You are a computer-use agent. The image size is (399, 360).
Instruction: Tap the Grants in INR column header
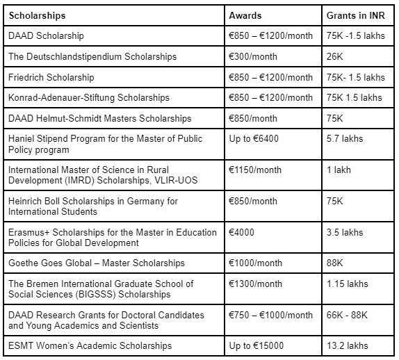355,14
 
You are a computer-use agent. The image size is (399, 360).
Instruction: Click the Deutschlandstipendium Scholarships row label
92,56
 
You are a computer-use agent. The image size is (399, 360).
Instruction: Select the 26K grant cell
336,56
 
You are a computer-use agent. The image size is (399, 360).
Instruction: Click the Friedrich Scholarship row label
50,76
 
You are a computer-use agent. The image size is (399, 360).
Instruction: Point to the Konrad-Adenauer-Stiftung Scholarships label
88,97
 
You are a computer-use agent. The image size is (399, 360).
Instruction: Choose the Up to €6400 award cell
254,139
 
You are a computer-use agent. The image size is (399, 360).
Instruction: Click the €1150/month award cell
257,170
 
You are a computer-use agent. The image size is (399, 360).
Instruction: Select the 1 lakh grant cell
340,170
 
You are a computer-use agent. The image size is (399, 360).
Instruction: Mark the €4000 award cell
243,232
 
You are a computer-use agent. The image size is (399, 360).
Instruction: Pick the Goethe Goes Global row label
96,263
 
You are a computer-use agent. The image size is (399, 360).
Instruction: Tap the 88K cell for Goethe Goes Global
336,263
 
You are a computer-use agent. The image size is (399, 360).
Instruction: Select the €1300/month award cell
257,284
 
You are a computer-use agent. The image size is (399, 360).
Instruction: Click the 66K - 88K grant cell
350,315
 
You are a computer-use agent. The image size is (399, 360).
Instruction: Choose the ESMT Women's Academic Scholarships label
90,345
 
